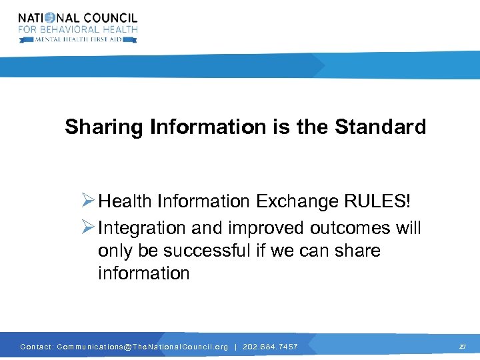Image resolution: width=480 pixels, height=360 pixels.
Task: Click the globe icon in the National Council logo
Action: [57, 18]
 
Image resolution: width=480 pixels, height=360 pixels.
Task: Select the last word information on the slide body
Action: [143, 273]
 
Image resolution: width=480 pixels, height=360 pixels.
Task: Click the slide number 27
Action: [462, 347]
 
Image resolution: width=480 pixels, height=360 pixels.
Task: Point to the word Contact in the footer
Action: [36, 347]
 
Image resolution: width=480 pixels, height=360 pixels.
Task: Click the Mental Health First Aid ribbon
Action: [78, 39]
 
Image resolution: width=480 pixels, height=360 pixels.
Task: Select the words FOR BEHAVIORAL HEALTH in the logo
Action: [78, 29]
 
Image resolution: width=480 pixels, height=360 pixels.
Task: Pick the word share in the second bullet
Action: [357, 251]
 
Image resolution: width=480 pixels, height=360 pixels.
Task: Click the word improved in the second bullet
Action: [267, 228]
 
